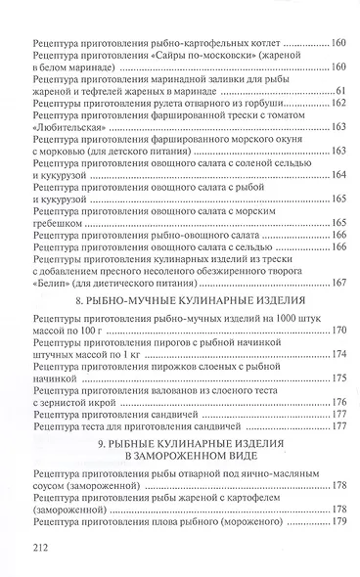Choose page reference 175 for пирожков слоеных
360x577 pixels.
coord(333,377)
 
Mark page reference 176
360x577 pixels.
coord(333,401)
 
